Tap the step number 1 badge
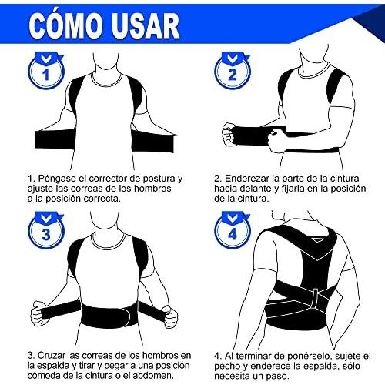(x=46, y=71)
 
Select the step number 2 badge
(x=233, y=71)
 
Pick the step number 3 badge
(x=46, y=230)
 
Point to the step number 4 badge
(x=233, y=230)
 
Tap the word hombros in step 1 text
(x=152, y=189)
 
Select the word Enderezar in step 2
(x=248, y=179)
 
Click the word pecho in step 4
(x=227, y=367)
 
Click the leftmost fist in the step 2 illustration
(x=229, y=135)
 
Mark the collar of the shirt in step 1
(x=106, y=79)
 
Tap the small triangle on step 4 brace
(x=317, y=239)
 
